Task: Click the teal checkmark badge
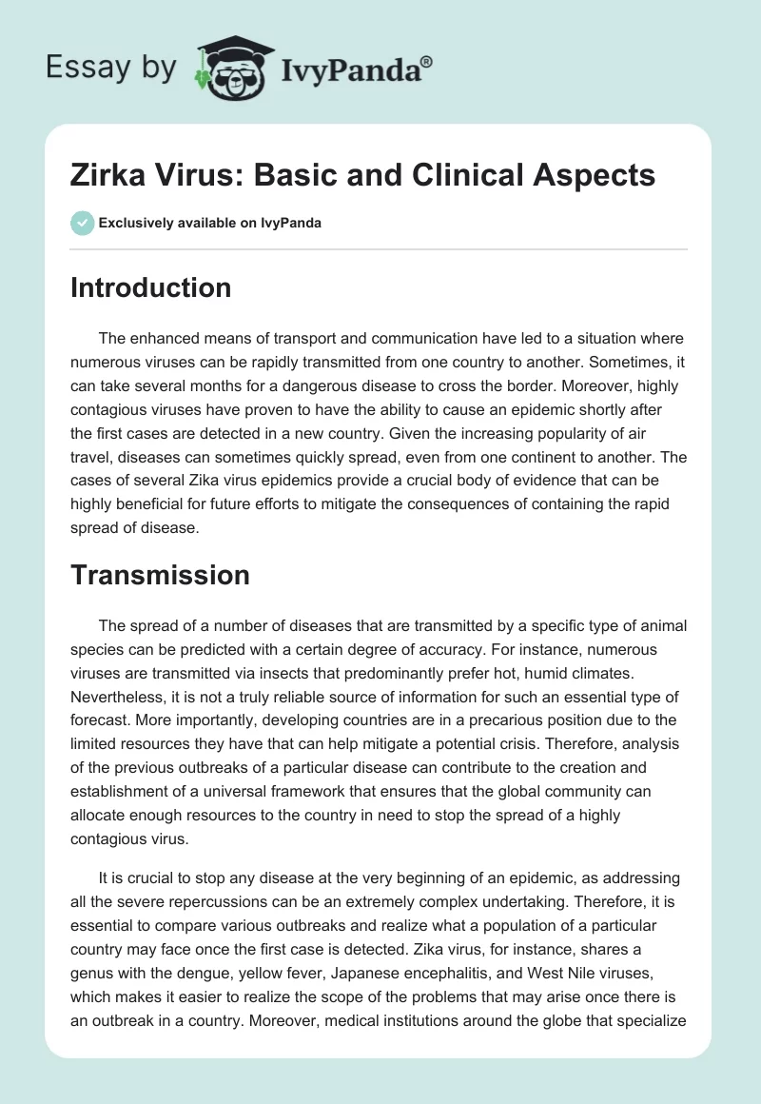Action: [82, 223]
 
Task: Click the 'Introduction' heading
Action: [150, 287]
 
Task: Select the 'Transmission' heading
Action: [160, 575]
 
